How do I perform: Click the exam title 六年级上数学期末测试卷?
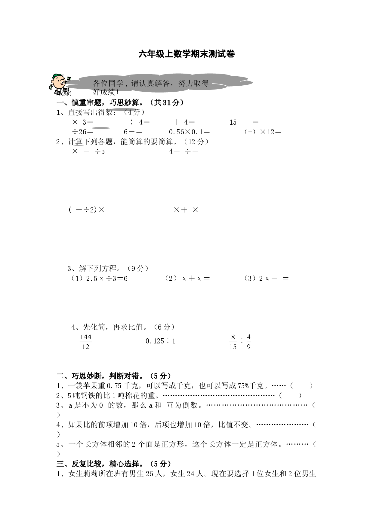(x=186, y=54)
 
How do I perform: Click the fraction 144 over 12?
(x=86, y=342)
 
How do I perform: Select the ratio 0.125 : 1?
(x=160, y=341)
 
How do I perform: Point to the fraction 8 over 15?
(x=233, y=342)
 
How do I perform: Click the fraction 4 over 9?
(x=249, y=342)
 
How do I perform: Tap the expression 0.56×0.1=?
(x=189, y=132)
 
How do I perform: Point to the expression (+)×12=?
(x=263, y=132)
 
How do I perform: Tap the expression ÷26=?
(x=83, y=132)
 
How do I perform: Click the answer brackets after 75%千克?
(x=301, y=385)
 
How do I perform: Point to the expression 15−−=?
(x=244, y=122)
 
